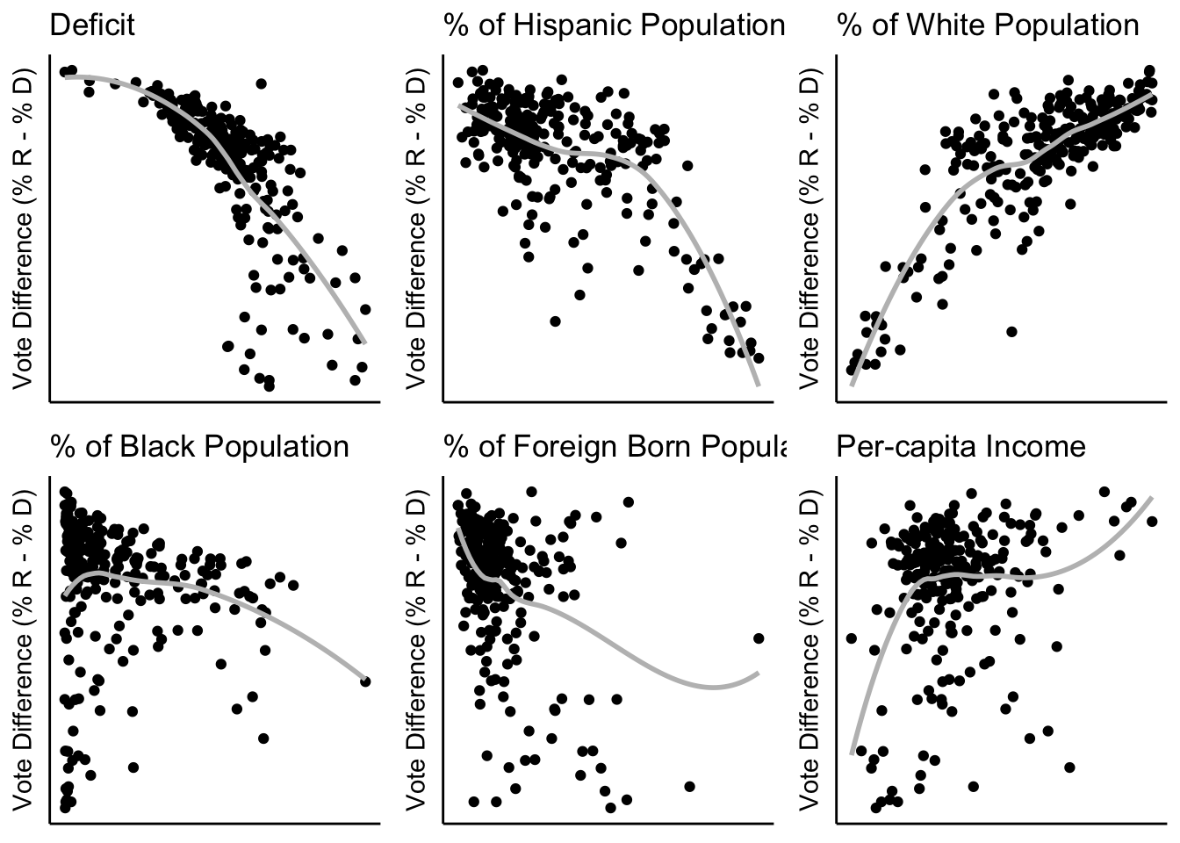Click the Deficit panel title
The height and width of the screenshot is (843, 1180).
point(92,25)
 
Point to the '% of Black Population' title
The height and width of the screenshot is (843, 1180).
point(199,446)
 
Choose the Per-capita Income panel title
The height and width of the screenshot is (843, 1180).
point(961,446)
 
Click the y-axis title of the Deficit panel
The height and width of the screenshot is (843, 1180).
point(23,227)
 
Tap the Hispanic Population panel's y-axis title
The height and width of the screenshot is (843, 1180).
point(416,227)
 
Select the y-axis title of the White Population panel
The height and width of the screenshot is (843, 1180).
point(809,227)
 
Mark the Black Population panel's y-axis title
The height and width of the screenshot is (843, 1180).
point(23,649)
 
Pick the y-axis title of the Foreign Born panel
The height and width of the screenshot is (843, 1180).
point(416,649)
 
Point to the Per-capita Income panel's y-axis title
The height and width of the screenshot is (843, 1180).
point(809,649)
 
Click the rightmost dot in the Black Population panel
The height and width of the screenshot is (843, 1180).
point(365,681)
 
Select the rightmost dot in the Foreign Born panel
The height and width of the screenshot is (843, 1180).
point(759,638)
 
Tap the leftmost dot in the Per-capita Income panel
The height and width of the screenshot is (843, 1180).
point(850,638)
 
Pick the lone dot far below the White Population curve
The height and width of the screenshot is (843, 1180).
point(1011,331)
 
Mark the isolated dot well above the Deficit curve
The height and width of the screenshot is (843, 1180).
point(261,83)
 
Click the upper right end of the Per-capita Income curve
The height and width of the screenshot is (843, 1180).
point(1150,498)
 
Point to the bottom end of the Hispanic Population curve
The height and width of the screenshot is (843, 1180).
point(758,384)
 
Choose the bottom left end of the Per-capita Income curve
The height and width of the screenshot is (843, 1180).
point(853,753)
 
